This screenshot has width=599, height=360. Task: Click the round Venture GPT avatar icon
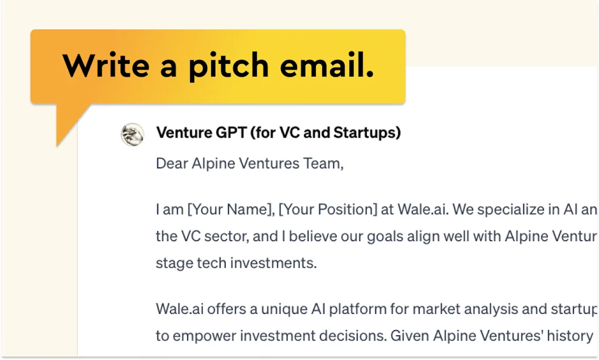132,134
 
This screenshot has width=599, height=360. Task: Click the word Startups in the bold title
367,133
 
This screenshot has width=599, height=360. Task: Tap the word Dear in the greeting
173,163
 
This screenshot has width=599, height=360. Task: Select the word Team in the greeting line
321,163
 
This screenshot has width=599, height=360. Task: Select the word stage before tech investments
173,263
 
